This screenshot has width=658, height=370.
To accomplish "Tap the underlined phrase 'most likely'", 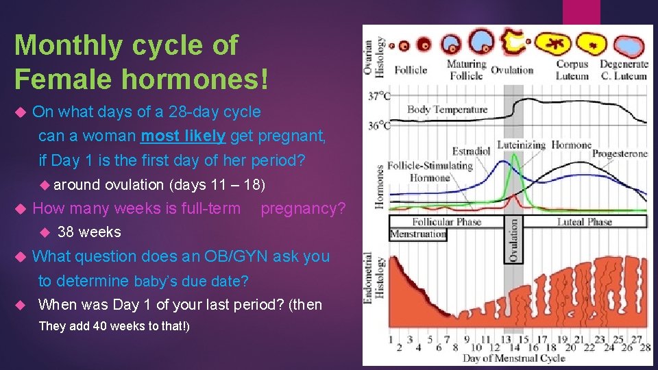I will pos(182,136).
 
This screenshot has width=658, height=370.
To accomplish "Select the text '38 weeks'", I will pos(89,232).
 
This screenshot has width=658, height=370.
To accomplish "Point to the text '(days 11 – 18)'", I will pos(219,184).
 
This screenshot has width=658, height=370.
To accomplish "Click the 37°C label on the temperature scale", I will pos(380,97).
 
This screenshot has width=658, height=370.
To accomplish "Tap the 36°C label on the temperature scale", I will pos(380,125).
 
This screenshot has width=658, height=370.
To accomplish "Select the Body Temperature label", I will pos(447,110).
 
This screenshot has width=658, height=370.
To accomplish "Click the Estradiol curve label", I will pos(472,151).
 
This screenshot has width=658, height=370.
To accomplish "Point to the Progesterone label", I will pos(620,153).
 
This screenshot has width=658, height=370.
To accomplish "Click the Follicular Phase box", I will pos(446,222).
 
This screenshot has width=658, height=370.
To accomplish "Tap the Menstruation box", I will pos(418,234).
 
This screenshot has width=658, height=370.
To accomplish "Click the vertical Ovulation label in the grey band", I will pos(513,239).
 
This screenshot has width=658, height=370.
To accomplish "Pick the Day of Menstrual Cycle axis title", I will pos(514,358).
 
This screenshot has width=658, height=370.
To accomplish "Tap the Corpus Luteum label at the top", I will pos(572,70).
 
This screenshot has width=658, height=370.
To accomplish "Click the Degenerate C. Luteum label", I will pos(624,70).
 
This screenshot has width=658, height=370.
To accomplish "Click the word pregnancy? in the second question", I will pos(303,208).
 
